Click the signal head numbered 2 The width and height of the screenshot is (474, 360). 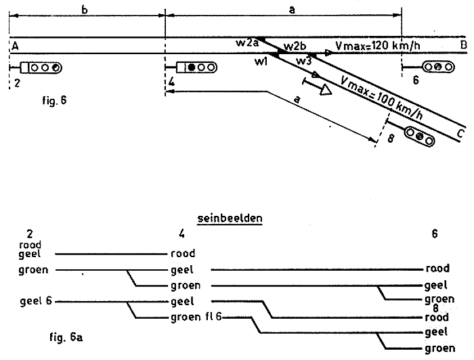click(41, 68)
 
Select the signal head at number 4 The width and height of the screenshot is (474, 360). click(196, 68)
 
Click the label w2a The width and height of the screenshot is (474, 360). click(246, 43)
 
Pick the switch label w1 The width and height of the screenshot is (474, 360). click(262, 62)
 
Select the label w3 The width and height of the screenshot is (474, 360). click(303, 61)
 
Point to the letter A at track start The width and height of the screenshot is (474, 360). click(15, 45)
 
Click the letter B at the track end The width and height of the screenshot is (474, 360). click(464, 46)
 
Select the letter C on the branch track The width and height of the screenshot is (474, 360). click(460, 131)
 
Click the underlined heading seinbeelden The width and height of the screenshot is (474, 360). click(230, 219)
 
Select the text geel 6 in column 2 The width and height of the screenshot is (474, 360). click(35, 301)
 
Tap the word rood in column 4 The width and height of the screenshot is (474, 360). click(184, 254)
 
